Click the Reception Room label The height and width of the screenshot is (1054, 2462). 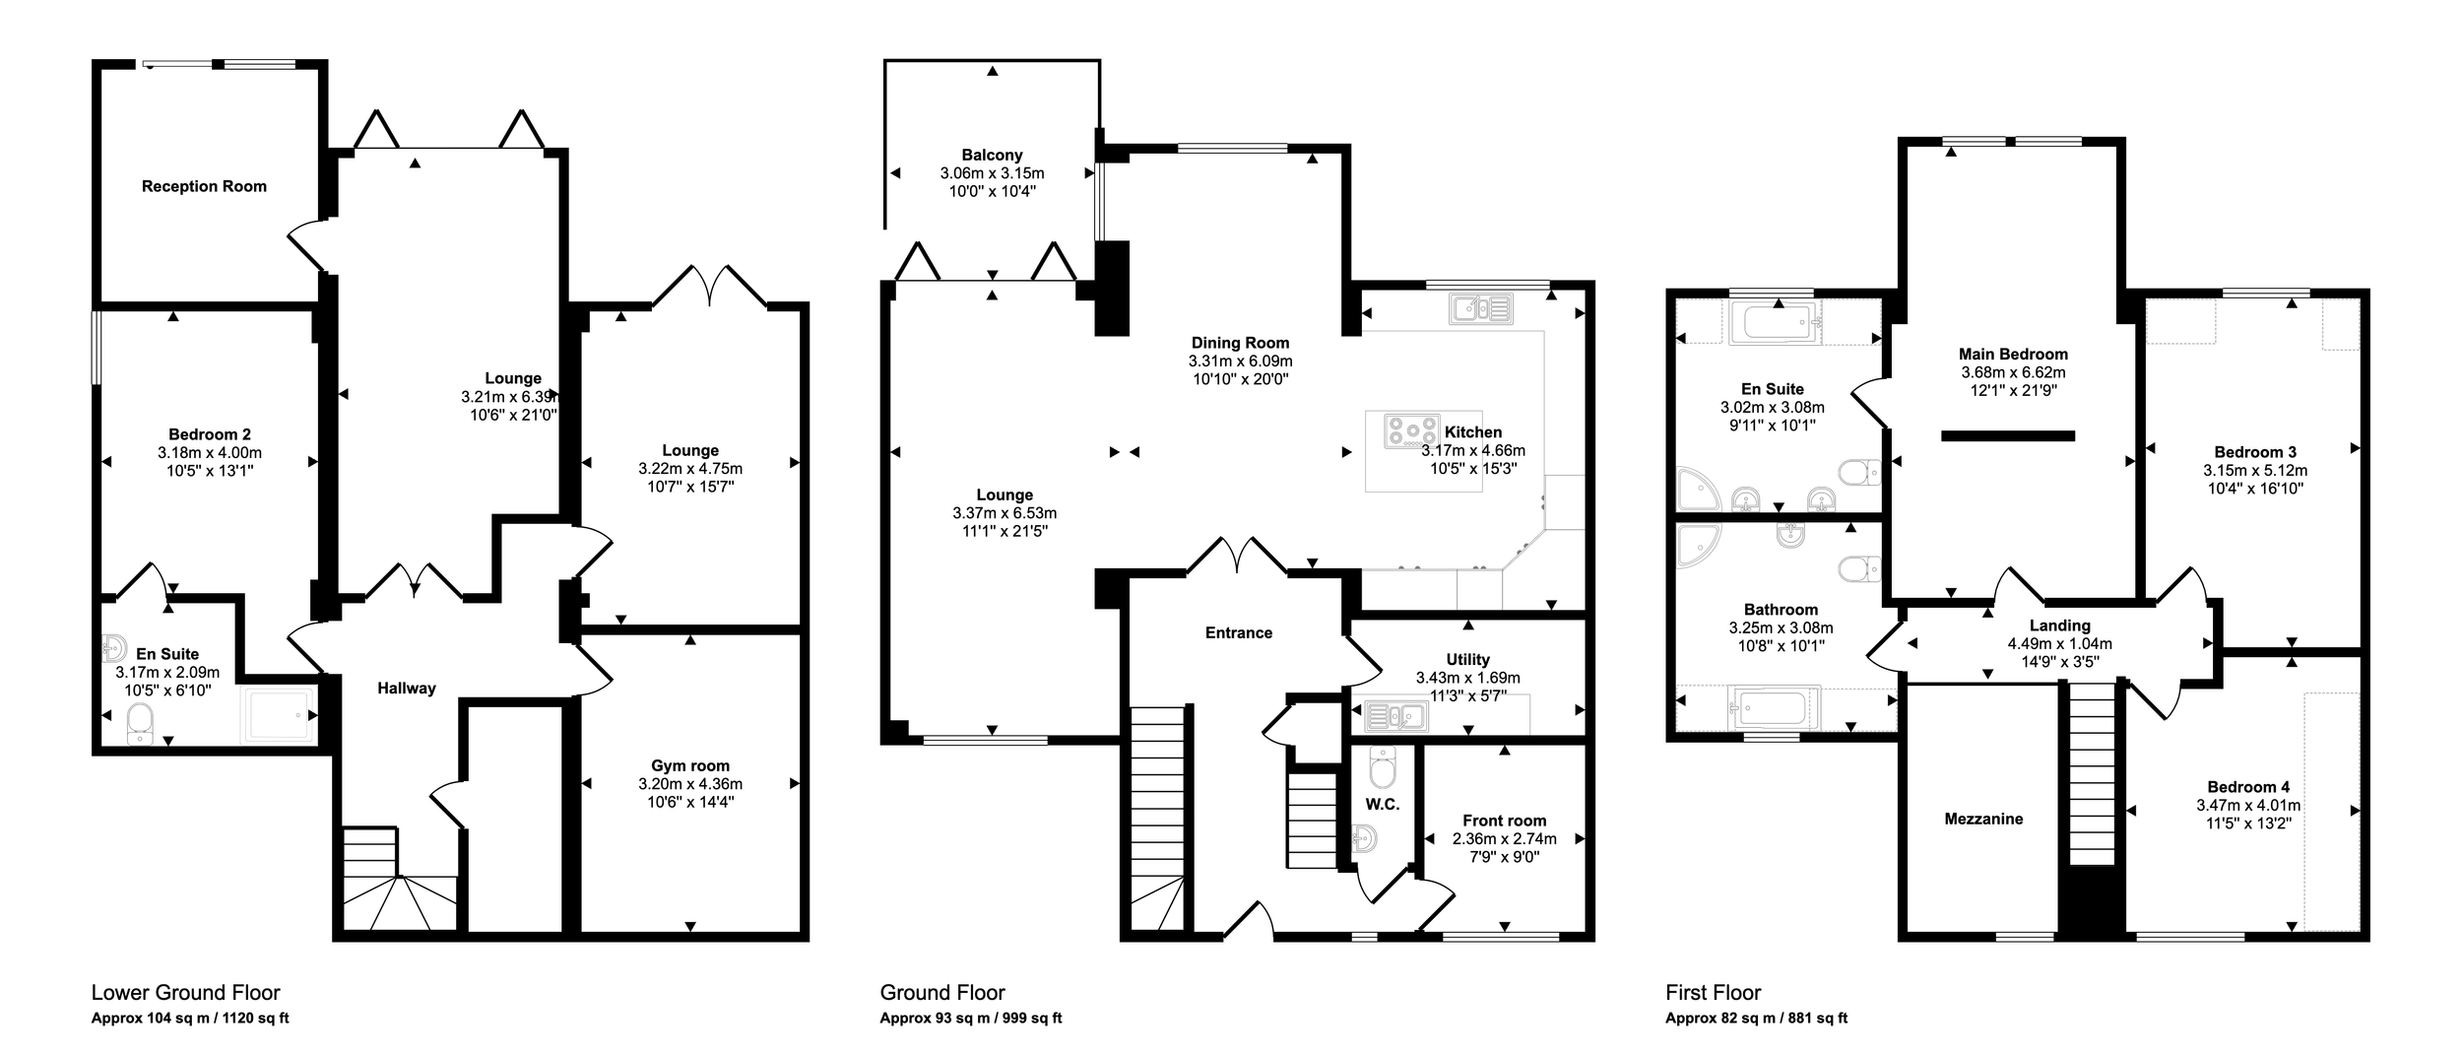click(204, 186)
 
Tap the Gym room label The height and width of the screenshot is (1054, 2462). click(690, 765)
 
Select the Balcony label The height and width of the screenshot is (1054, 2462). click(992, 155)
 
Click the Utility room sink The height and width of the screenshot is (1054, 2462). click(1396, 716)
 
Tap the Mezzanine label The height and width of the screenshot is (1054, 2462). click(1983, 819)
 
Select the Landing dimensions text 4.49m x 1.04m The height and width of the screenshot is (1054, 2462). click(2059, 644)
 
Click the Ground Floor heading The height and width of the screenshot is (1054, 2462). click(942, 993)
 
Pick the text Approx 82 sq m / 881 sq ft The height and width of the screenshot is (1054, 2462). click(1756, 1019)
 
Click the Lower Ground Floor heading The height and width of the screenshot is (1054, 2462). click(186, 993)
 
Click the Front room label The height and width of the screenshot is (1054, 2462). click(1504, 821)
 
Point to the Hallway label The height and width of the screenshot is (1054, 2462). click(406, 689)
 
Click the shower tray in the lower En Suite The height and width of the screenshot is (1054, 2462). click(281, 713)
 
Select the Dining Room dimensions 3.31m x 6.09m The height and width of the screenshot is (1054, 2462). click(1240, 362)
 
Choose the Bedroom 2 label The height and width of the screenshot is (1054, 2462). click(210, 434)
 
